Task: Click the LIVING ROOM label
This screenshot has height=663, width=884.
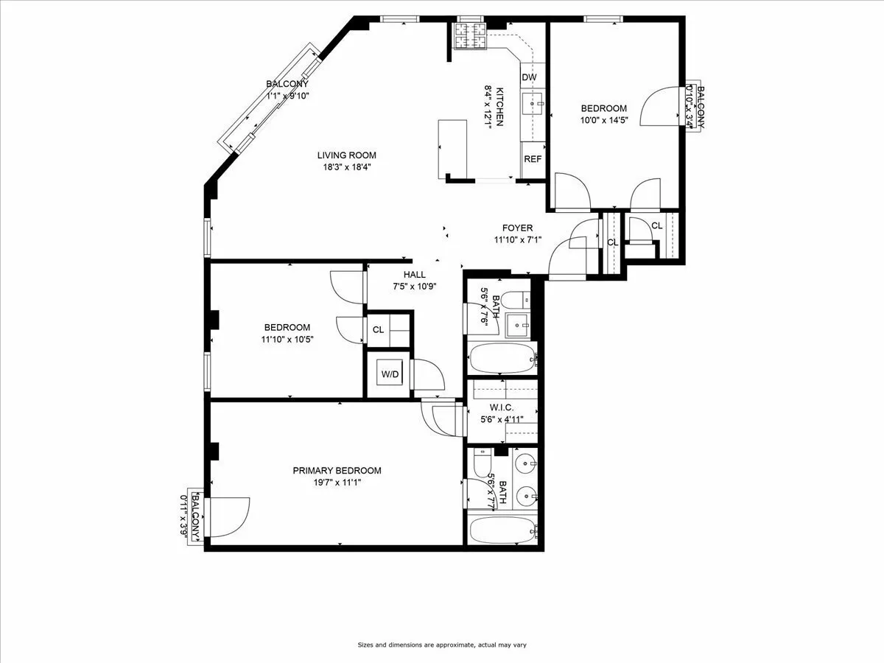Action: point(346,155)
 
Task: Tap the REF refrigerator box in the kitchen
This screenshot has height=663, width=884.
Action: point(533,159)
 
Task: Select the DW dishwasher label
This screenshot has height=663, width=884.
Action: point(529,77)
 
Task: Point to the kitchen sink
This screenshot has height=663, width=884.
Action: point(533,105)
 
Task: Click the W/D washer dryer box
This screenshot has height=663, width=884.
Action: point(390,374)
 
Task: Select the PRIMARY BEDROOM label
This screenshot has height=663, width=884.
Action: point(337,471)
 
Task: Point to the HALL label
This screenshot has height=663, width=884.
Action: point(414,275)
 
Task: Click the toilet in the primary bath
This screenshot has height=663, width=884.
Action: point(480,463)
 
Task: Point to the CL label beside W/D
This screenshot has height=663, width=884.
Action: point(378,329)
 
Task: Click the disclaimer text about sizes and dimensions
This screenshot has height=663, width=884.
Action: point(442,645)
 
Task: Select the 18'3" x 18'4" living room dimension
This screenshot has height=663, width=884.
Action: point(346,166)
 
